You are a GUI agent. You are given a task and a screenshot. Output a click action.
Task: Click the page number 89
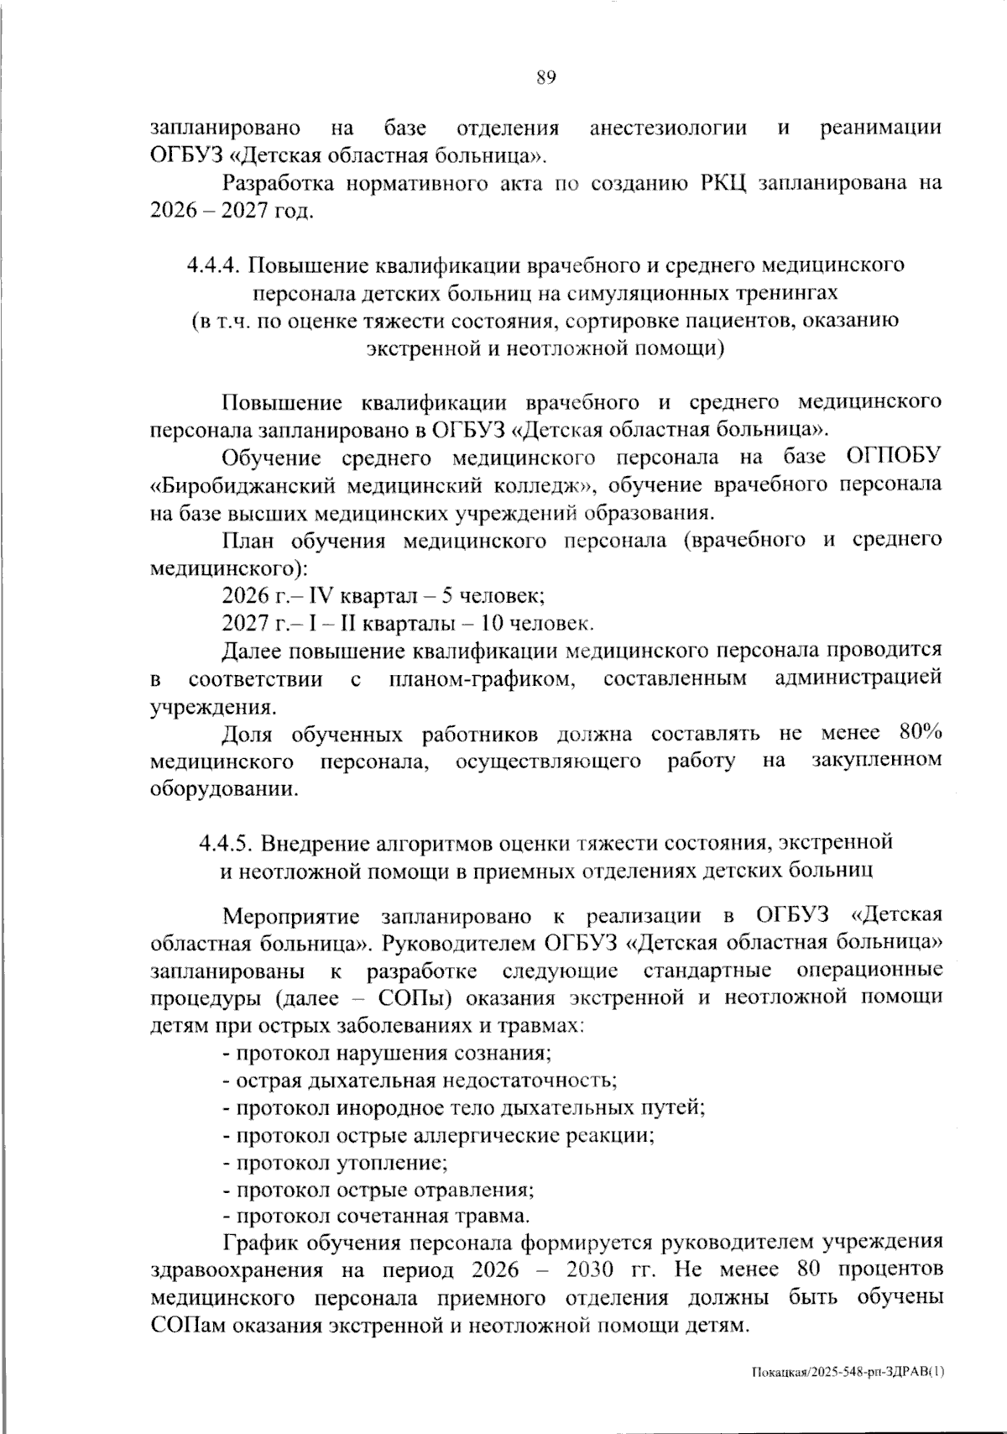click(545, 79)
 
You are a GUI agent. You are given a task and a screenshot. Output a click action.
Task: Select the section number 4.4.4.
click(214, 266)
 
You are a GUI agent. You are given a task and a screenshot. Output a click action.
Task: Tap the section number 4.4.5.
click(227, 842)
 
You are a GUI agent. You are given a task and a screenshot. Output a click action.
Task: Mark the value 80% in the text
click(920, 733)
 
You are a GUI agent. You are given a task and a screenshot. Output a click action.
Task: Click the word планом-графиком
click(483, 678)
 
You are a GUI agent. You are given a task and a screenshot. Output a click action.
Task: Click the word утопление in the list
click(391, 1163)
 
